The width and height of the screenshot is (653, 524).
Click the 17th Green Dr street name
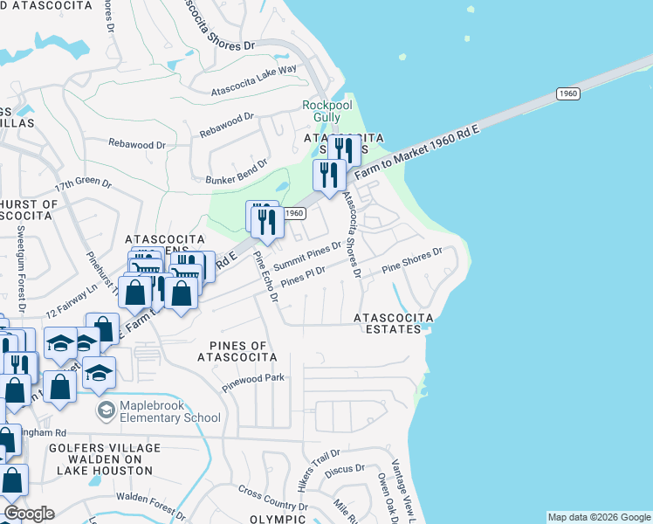point(84,185)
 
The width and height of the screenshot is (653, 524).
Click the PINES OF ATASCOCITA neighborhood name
point(237,351)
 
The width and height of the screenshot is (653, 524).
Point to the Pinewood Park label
point(253,382)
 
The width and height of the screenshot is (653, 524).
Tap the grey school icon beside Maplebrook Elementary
point(107,410)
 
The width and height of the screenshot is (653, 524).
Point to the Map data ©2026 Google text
point(598,517)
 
